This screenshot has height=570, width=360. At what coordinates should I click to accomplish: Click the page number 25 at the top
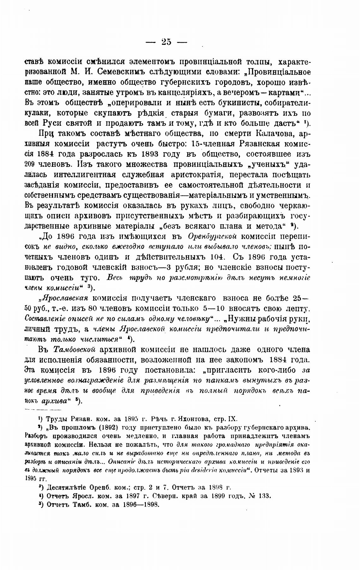(x=166, y=42)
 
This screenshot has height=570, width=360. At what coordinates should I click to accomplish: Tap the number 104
(x=217, y=257)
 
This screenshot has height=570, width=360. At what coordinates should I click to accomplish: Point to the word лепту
(x=295, y=309)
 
